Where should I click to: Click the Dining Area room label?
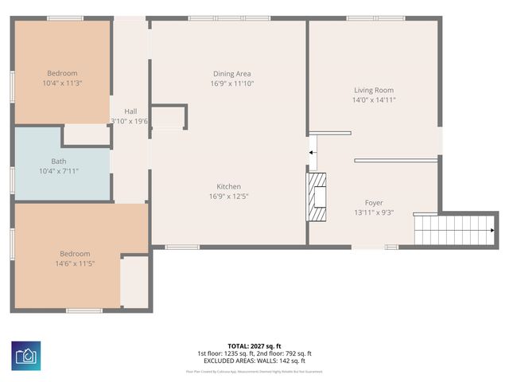pos(231,73)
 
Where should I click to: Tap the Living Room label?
pos(373,90)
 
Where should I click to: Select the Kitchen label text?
pos(228,186)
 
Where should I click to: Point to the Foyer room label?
pos(374,203)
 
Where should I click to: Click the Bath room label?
pos(59,161)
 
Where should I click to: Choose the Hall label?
pos(130,111)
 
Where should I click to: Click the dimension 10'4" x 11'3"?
pos(62,83)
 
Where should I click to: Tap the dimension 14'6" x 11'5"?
pos(75,263)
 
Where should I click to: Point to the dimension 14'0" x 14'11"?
pos(373,99)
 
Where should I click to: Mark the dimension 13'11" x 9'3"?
pos(374,212)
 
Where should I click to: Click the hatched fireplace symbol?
pos(318,196)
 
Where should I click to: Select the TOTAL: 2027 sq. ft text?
pos(254,346)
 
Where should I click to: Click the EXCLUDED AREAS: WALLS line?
pos(254,361)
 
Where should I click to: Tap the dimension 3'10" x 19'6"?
pos(130,121)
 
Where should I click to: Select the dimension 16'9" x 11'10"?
pos(231,83)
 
